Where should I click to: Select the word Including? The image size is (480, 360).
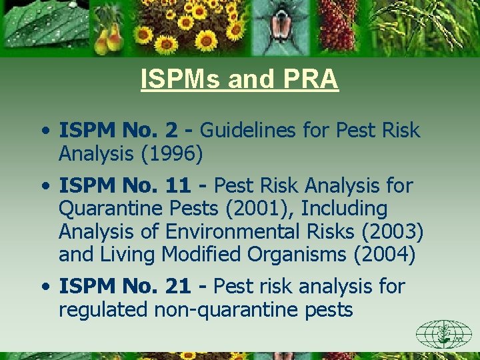pos(344,209)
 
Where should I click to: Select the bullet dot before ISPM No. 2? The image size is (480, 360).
pos(45,131)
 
